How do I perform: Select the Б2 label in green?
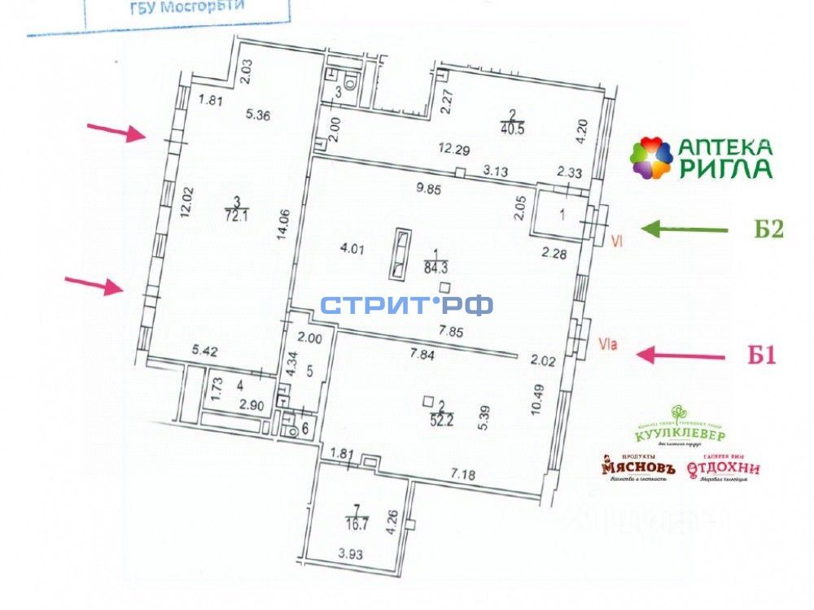(x=765, y=230)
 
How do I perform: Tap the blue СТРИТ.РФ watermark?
(x=406, y=306)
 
